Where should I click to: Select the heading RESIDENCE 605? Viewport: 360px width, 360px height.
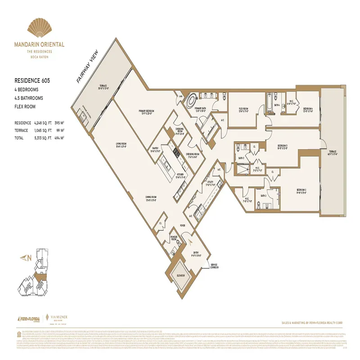coord(32,81)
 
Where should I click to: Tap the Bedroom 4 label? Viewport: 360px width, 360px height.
coord(308,109)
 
